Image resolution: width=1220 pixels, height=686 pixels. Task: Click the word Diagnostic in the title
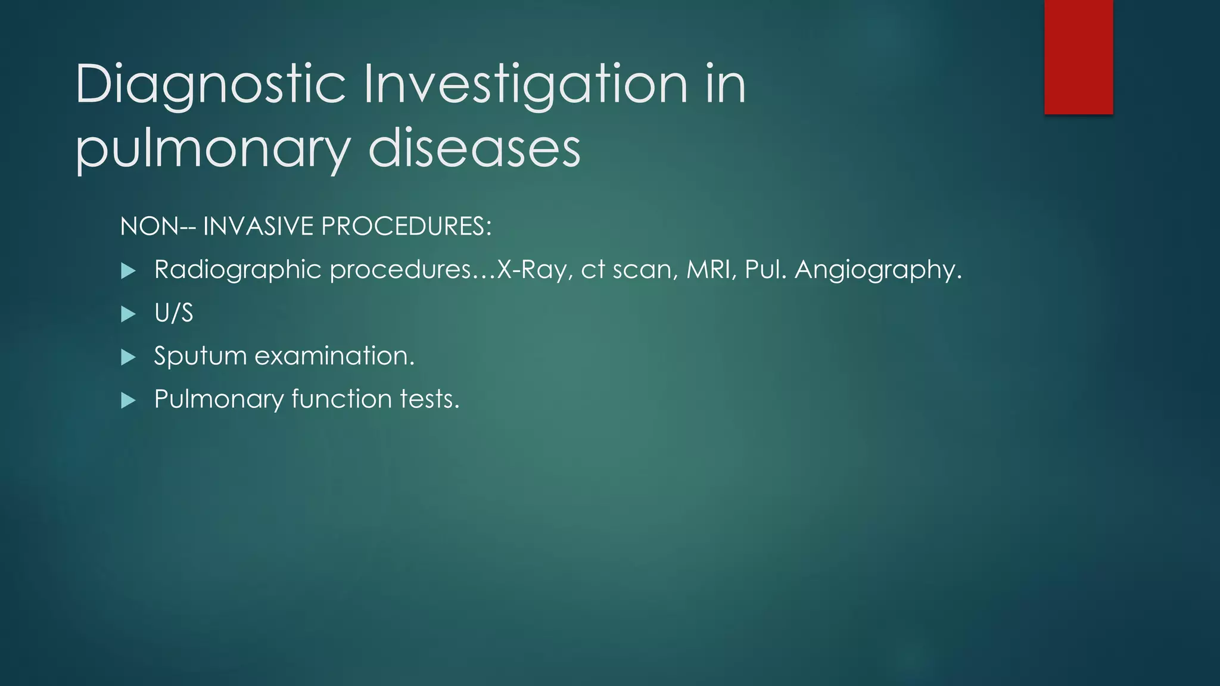(210, 85)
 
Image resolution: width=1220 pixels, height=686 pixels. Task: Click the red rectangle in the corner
(1078, 57)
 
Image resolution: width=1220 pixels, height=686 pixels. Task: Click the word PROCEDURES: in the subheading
(406, 227)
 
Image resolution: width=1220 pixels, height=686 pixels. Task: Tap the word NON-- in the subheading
(157, 227)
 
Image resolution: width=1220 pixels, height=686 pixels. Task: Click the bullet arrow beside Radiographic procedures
(128, 272)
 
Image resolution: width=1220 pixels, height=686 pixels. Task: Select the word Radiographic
(238, 270)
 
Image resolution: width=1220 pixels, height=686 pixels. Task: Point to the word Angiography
(877, 270)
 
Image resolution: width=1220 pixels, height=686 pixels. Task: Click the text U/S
(173, 313)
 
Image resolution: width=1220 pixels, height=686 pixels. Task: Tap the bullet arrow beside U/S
(128, 314)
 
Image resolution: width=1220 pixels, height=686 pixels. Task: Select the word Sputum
(200, 356)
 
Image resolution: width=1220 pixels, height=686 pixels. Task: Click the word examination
(334, 356)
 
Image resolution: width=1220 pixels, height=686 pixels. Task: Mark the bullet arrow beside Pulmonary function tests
(128, 400)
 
